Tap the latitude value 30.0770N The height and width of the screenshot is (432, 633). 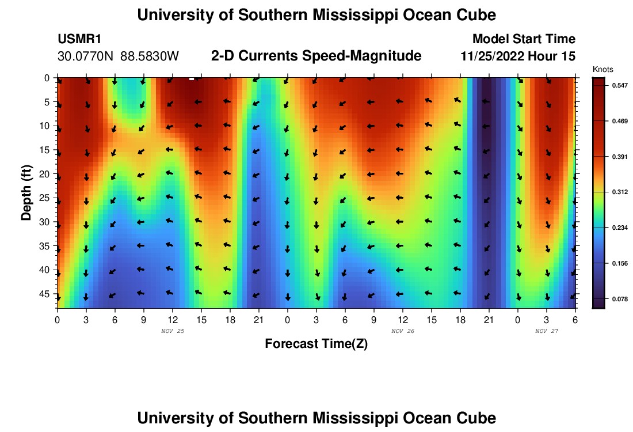coord(86,56)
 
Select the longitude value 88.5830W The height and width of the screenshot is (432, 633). coord(150,56)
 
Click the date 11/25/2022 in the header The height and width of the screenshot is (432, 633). coord(497,56)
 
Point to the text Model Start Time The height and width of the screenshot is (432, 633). coord(524,39)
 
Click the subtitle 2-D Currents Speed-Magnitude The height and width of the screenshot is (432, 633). coord(316,56)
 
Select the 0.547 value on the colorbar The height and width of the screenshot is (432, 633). coord(620,85)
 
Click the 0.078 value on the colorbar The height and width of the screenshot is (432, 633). coord(620,299)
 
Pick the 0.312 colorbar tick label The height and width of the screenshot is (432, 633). coord(620,192)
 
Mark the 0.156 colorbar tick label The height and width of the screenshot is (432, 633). coord(620,263)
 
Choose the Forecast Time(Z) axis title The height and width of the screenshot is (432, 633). coord(316,344)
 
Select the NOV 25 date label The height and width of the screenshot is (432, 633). coord(172,331)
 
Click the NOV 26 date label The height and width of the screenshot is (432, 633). coord(402,331)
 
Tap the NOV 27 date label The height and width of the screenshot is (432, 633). coord(546,331)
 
